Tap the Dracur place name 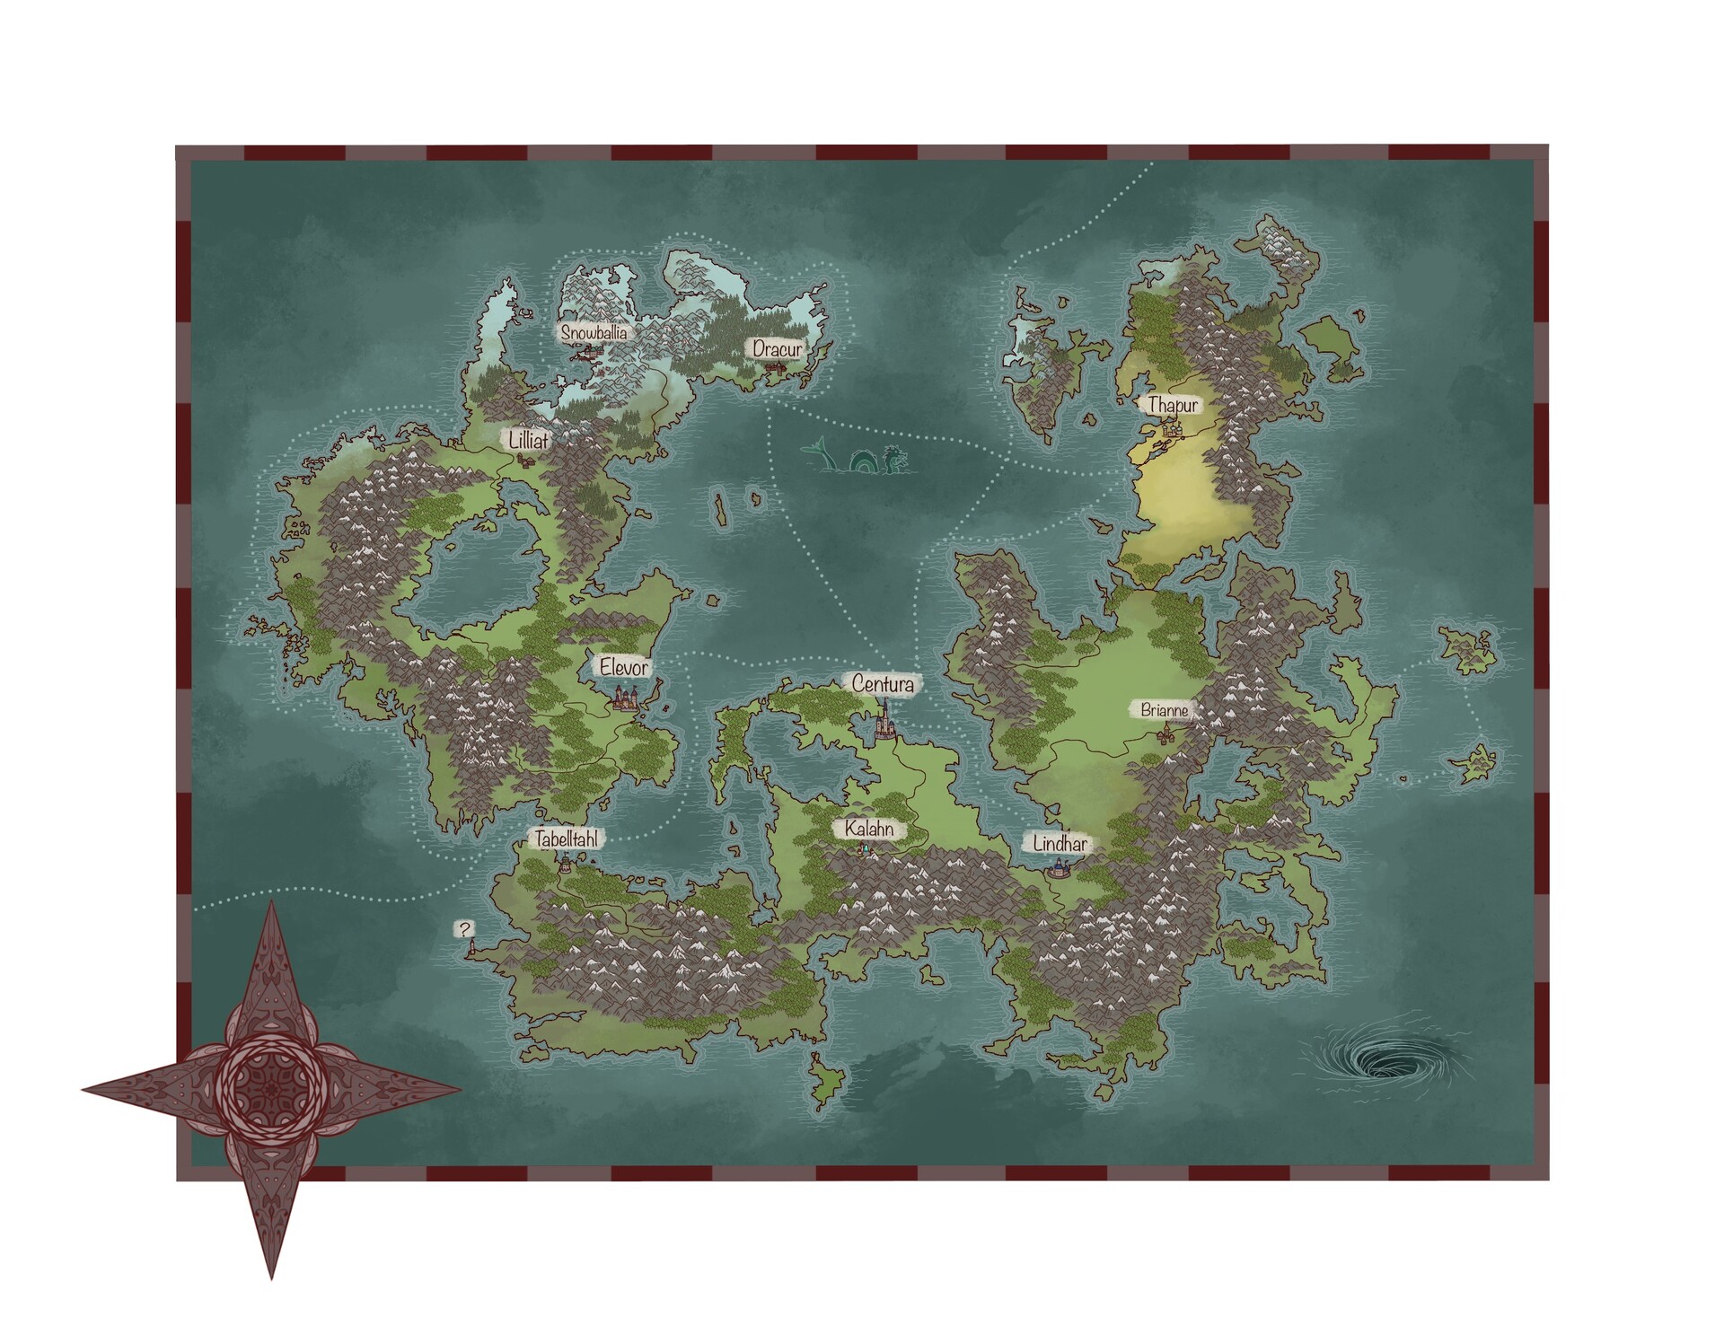(x=778, y=348)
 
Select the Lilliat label (x=528, y=439)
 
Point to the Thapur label (x=1173, y=405)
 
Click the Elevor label (x=624, y=668)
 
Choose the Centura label (x=884, y=685)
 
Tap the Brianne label (x=1165, y=710)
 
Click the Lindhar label (x=1060, y=844)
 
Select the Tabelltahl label (x=566, y=839)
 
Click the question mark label (x=464, y=929)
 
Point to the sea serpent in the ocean (x=856, y=457)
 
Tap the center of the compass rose (x=271, y=1091)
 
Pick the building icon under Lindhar (x=1060, y=867)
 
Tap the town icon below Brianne (x=1166, y=736)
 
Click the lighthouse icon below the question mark (x=470, y=947)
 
